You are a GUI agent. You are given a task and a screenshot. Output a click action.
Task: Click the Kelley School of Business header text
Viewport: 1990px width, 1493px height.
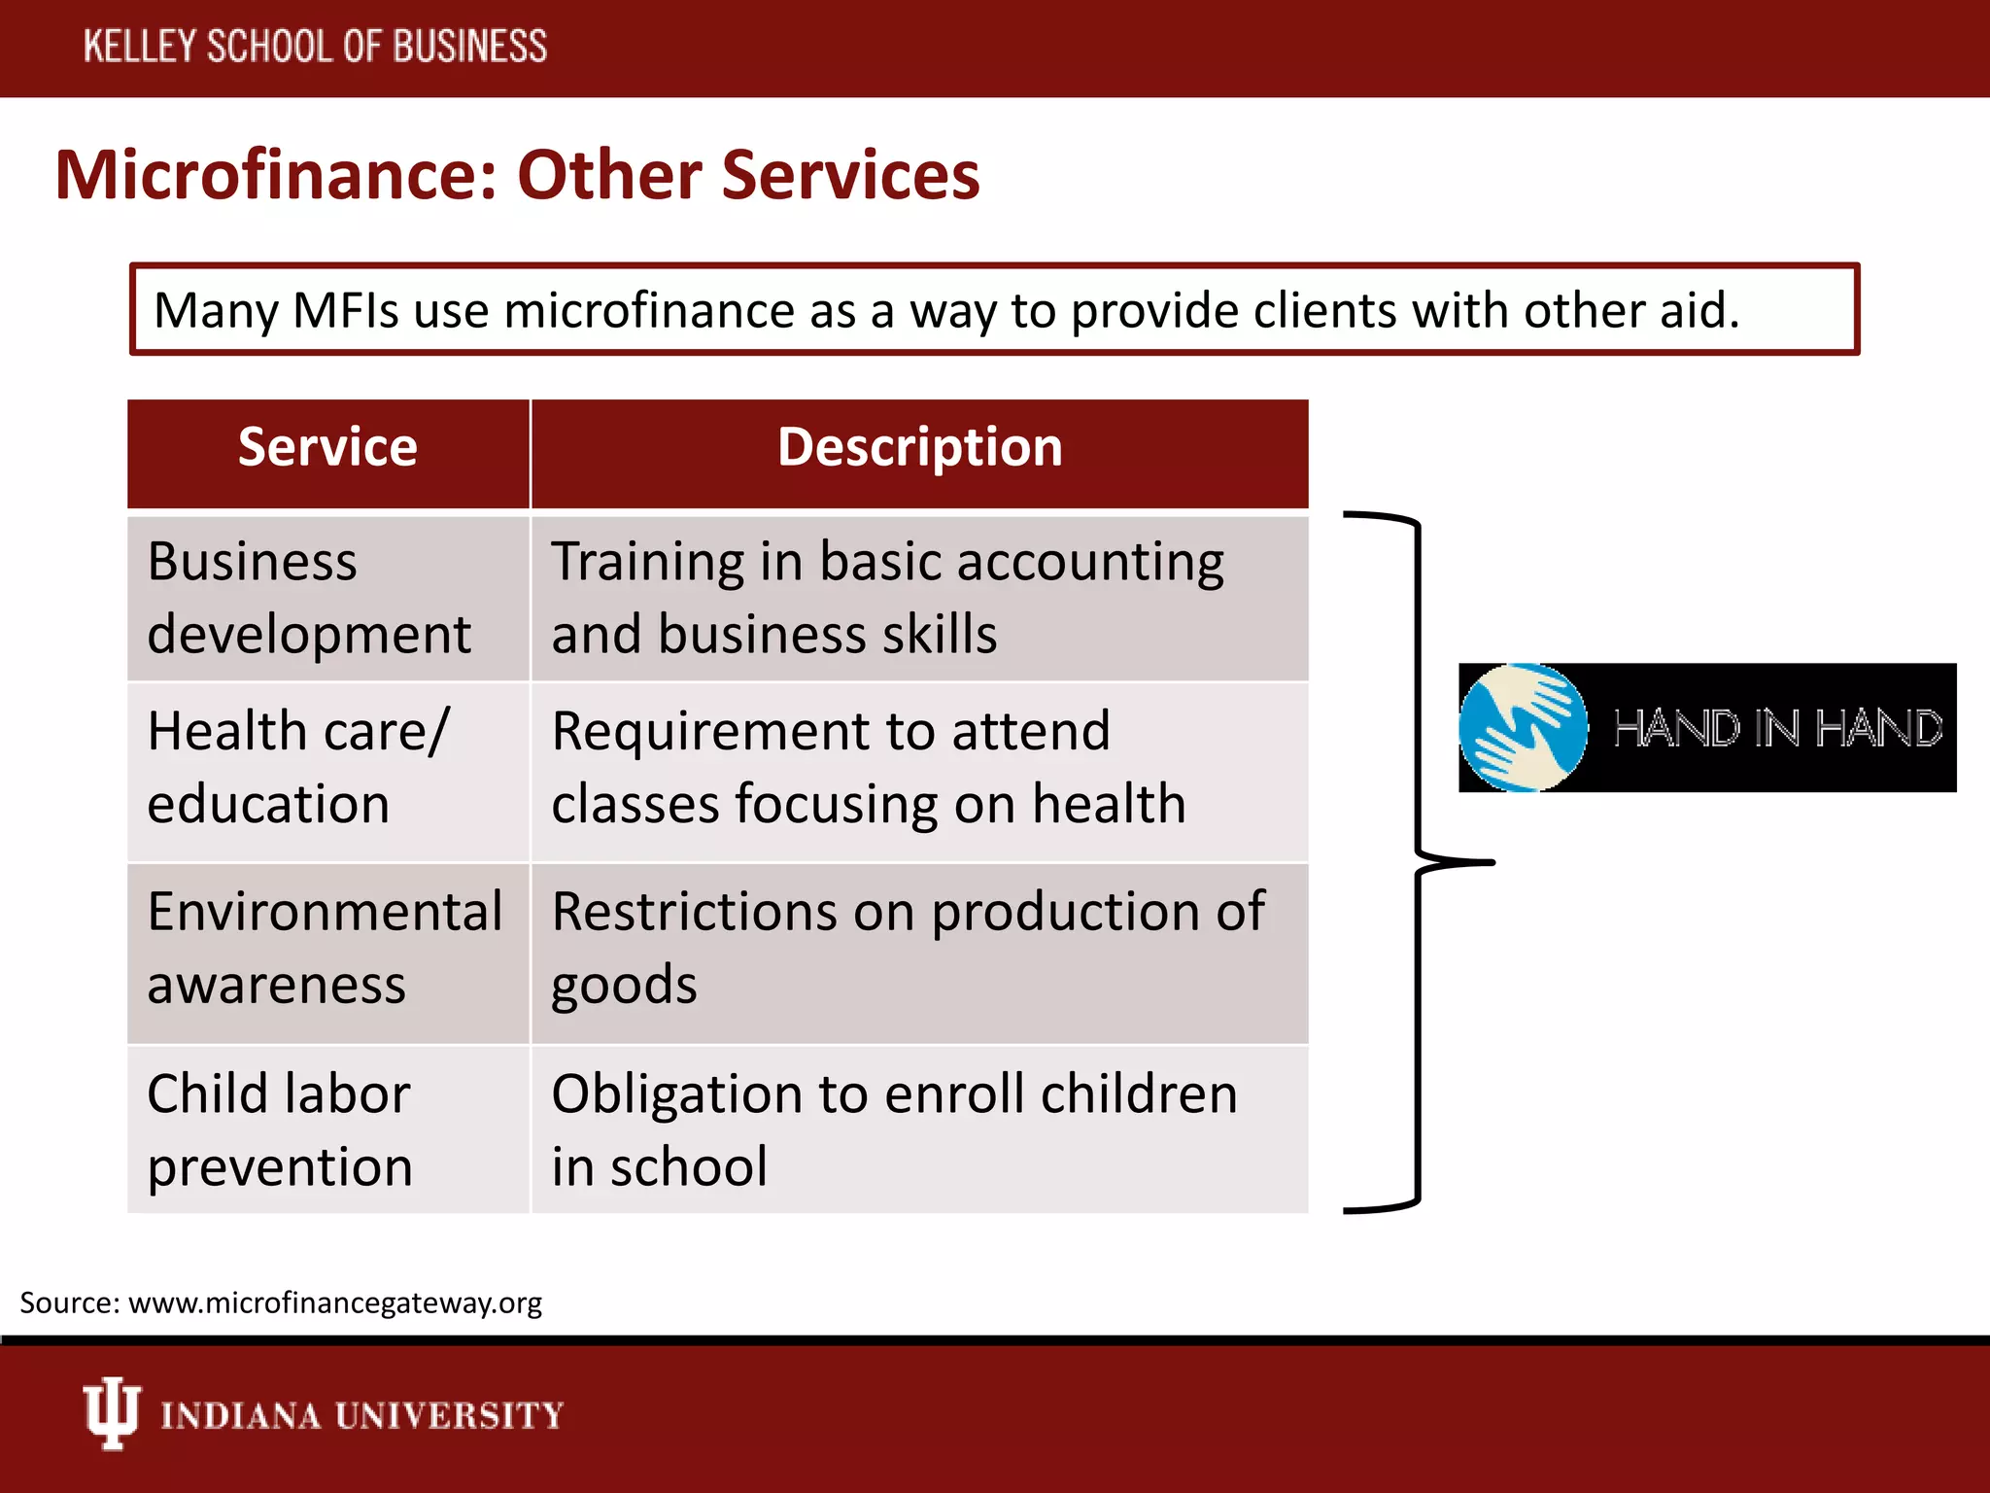click(x=315, y=47)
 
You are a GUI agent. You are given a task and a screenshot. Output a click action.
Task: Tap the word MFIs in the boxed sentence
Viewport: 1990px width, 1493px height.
click(x=345, y=311)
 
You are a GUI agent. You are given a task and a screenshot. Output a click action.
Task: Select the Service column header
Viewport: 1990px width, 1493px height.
click(x=327, y=448)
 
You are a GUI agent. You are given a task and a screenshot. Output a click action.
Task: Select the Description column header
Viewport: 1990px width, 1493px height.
click(x=919, y=448)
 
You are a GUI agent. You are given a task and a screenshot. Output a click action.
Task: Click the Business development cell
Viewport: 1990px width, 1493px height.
click(x=309, y=598)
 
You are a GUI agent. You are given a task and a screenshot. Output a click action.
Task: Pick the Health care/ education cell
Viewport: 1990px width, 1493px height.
click(x=297, y=768)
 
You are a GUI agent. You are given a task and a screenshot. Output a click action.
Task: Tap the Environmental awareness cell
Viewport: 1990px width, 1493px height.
click(x=325, y=949)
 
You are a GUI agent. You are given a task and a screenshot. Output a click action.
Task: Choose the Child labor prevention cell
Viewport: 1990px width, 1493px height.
click(x=280, y=1129)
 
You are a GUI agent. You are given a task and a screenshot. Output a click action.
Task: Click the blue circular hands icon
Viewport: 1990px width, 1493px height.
click(x=1524, y=727)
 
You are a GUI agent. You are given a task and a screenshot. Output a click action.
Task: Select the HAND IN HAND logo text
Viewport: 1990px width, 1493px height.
click(x=1776, y=729)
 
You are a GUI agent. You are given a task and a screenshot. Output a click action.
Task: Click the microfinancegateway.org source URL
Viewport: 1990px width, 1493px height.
click(x=334, y=1302)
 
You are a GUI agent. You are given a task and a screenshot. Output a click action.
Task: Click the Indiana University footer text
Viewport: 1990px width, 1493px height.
click(x=361, y=1415)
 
